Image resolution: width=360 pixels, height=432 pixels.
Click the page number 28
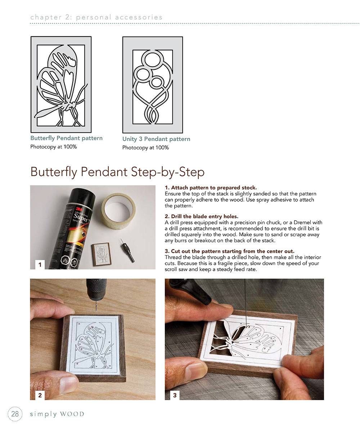tap(15, 414)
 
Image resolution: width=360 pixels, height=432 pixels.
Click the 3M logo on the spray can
tap(78, 209)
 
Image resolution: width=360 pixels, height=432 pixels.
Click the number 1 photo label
tap(40, 264)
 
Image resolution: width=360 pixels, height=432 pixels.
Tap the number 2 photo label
tap(40, 395)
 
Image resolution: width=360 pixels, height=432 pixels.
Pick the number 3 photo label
tap(175, 395)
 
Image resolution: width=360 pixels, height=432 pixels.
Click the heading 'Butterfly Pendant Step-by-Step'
tap(117, 172)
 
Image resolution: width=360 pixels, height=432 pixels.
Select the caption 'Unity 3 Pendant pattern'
tap(156, 139)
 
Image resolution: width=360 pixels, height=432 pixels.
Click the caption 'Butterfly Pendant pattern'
tap(66, 138)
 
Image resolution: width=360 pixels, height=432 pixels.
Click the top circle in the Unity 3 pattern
tap(153, 59)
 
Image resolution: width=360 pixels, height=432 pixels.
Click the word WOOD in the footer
tap(72, 414)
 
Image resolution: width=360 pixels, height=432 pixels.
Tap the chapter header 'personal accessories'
tap(119, 17)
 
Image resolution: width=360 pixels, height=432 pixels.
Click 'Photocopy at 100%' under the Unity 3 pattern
tap(145, 148)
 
